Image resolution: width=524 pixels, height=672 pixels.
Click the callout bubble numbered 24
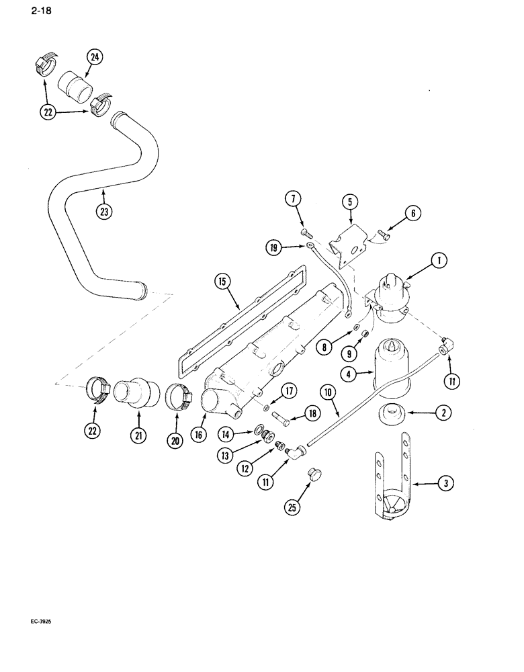click(x=95, y=58)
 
